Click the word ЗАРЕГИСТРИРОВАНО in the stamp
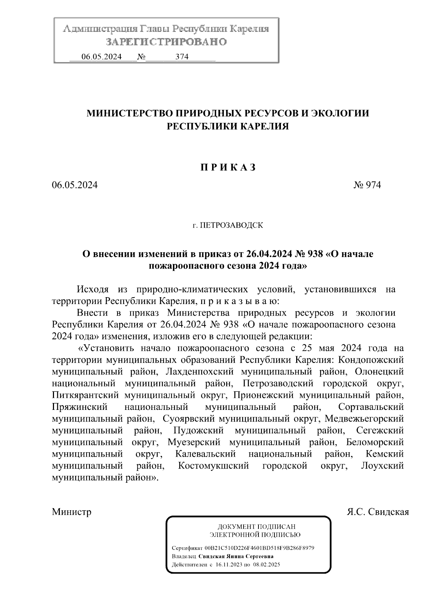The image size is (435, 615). tap(166, 42)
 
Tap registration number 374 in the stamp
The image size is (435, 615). tap(182, 57)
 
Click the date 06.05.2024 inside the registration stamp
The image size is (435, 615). tap(101, 57)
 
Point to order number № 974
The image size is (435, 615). tap(367, 185)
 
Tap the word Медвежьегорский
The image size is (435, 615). tap(364, 419)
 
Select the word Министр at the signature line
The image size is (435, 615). tap(72, 512)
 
